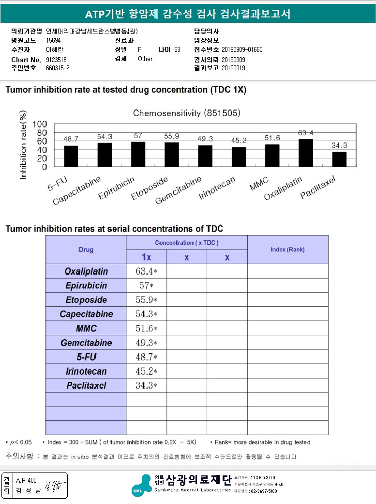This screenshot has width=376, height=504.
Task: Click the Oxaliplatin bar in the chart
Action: (306, 153)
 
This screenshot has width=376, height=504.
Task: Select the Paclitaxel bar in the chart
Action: (339, 159)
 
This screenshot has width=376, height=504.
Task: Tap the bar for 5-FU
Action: (71, 156)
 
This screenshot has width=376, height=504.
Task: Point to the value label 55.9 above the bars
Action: (171, 136)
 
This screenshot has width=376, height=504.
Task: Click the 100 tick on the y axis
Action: (40, 124)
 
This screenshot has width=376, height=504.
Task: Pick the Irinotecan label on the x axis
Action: (217, 188)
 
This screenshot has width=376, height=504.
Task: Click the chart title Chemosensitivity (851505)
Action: (187, 113)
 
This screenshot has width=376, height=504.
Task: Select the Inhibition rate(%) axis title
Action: (23, 144)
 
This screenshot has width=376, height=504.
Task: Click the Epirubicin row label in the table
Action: (86, 285)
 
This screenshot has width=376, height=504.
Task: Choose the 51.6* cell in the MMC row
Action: (146, 328)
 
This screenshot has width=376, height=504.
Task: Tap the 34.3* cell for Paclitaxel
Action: (146, 385)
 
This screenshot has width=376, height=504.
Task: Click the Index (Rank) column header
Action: (287, 250)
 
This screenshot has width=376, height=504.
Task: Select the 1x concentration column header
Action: (147, 257)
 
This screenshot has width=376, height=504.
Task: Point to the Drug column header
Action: (86, 250)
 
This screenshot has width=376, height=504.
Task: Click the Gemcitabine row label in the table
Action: (86, 343)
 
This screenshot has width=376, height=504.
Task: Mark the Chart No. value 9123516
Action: (56, 60)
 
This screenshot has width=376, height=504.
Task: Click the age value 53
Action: (177, 49)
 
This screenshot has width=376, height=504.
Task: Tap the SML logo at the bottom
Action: (142, 485)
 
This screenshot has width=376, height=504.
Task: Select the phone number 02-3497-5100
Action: (264, 491)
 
